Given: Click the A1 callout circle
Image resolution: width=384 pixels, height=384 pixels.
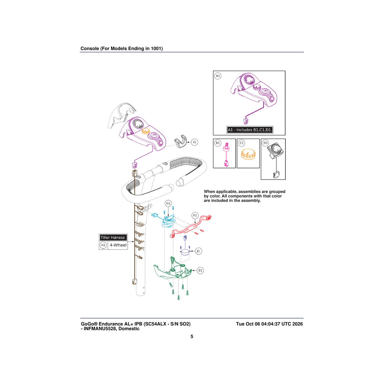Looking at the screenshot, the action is point(218,76).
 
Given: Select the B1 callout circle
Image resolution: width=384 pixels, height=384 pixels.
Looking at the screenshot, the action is point(218,143).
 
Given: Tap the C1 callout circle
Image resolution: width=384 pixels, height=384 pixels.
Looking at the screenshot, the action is point(242,143).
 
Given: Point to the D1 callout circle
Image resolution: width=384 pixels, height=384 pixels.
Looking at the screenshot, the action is point(266,143).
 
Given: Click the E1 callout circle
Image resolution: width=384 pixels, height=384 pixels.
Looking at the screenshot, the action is point(200,270).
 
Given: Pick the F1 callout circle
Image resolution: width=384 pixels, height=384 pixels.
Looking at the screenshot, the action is point(195,215).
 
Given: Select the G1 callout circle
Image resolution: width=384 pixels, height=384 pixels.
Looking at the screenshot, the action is point(168,204).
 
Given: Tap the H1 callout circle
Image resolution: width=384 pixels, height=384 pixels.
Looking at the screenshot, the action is point(103,245).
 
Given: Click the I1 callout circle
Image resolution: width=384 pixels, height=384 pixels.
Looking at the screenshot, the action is point(195,142).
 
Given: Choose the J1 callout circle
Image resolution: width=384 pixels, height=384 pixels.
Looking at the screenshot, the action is point(198,251).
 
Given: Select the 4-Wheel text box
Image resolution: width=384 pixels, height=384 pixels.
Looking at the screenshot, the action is point(118,245).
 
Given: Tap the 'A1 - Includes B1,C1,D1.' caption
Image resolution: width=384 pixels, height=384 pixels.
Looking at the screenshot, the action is point(250,130).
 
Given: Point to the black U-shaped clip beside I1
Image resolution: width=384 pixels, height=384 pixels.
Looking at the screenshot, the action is point(180,141).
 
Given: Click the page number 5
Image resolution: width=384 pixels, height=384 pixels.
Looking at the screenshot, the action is point(192,336).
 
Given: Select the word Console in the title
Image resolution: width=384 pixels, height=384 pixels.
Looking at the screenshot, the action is point(90,48).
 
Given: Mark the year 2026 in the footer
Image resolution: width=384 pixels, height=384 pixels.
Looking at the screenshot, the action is point(297,324).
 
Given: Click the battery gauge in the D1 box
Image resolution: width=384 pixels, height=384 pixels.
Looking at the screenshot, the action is point(276,151).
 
